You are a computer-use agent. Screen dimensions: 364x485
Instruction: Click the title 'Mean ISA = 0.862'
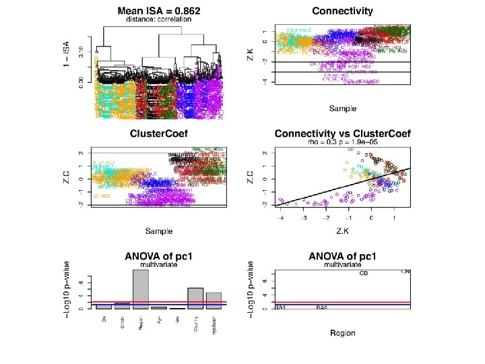[x=159, y=11]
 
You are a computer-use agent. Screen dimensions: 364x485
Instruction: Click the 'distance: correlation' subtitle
[x=159, y=20]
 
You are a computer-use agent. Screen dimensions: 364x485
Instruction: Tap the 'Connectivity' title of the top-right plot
[x=342, y=11]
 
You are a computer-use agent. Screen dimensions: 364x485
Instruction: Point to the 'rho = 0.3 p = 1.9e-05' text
[x=342, y=142]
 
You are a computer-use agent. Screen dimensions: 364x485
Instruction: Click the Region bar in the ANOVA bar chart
[x=140, y=289]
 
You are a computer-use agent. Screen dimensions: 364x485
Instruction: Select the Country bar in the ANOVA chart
[x=195, y=298]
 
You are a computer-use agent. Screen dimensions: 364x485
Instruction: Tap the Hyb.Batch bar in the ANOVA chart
[x=214, y=301]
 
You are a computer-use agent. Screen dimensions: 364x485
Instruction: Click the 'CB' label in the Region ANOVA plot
[x=364, y=274]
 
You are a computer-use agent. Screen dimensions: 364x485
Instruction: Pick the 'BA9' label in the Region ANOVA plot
[x=322, y=307]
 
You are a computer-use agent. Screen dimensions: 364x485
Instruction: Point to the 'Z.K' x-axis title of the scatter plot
[x=342, y=231]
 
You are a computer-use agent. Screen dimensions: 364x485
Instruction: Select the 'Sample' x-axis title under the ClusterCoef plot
[x=159, y=231]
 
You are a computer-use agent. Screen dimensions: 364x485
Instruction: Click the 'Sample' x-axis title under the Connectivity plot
[x=342, y=108]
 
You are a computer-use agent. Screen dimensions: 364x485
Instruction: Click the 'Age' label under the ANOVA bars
[x=158, y=315]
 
